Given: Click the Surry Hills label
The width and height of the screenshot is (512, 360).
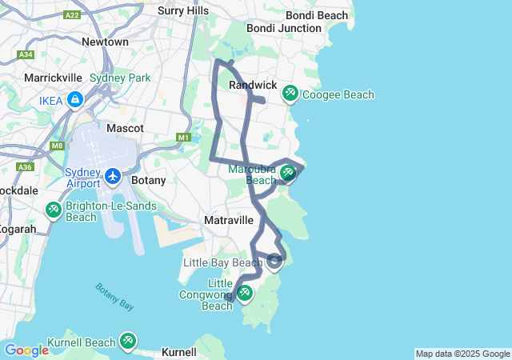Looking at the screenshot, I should click(183, 10).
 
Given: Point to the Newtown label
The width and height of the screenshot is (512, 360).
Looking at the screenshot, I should click(105, 42).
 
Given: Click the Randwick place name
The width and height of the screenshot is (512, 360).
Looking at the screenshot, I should click(253, 85).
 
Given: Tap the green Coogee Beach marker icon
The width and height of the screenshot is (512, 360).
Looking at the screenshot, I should click(290, 94).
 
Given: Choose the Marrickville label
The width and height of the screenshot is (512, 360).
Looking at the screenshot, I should click(54, 78).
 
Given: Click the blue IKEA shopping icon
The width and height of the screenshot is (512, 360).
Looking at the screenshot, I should click(74, 99).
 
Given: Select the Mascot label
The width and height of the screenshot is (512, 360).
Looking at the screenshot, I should click(125, 128).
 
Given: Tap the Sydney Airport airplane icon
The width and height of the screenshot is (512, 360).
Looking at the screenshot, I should click(113, 175).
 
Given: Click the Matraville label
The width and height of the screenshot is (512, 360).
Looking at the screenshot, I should click(229, 219).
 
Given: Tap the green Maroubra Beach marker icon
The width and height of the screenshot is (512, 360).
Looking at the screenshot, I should click(287, 172).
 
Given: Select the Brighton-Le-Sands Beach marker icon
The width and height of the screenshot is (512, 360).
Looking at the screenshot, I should click(54, 210).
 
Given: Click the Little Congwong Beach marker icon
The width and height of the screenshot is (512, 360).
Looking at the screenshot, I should click(245, 293).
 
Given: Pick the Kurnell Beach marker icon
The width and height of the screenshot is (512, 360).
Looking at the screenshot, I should click(128, 341).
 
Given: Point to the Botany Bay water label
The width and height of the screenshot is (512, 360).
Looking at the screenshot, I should click(115, 296).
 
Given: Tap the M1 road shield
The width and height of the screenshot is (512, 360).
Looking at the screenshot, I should click(184, 138).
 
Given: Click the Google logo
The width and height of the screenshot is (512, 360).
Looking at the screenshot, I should click(26, 350).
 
